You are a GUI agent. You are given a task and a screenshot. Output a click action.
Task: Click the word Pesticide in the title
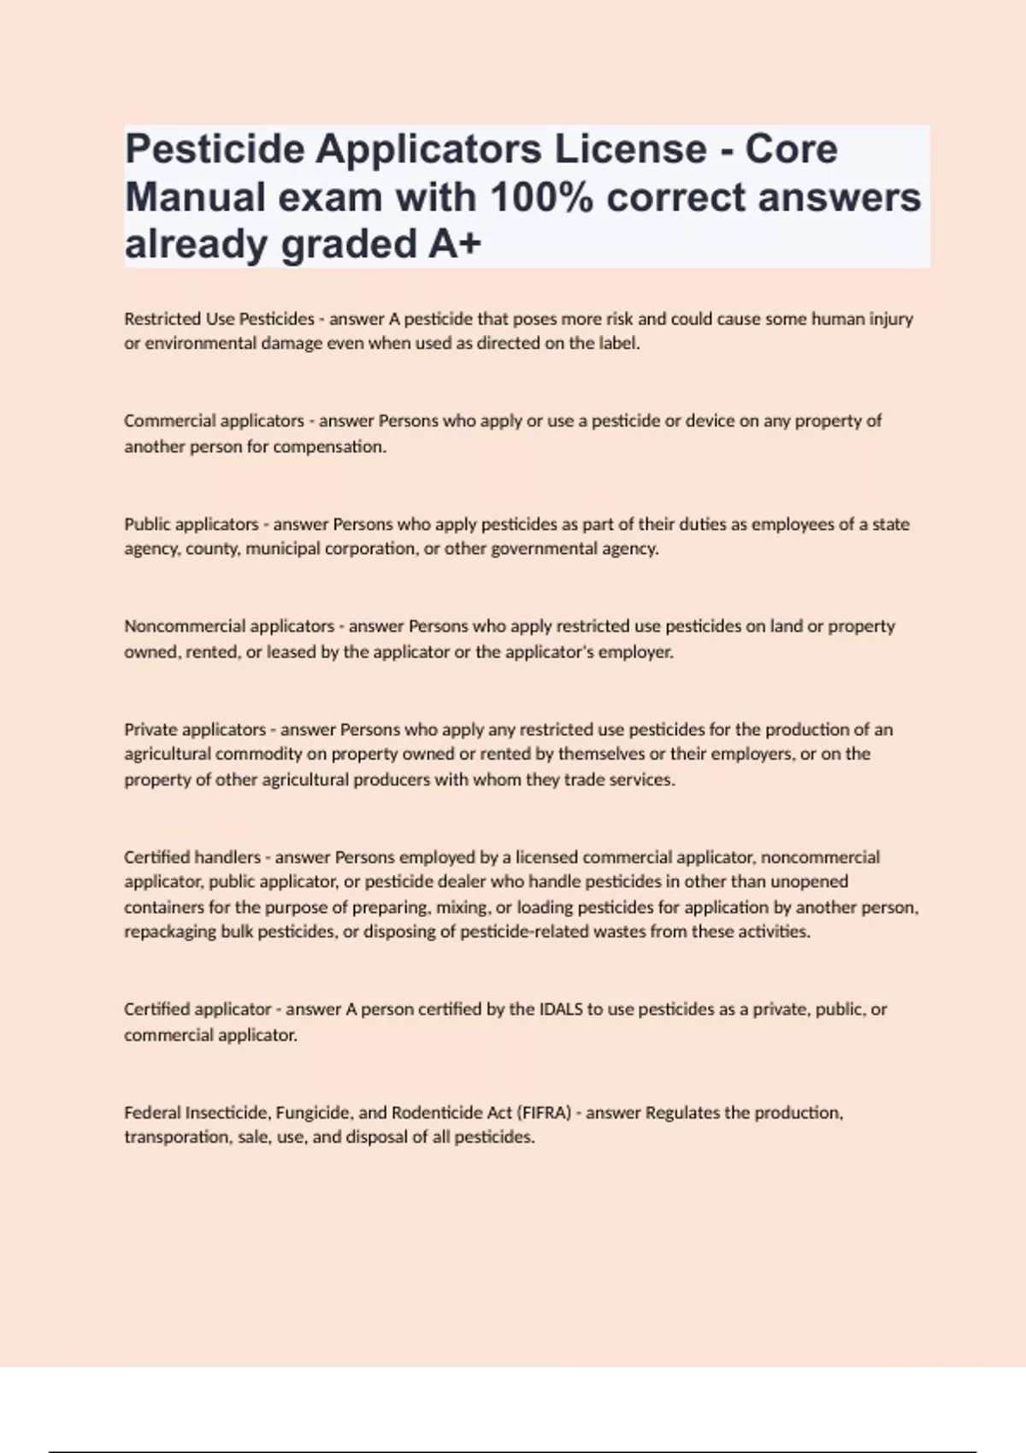pyautogui.click(x=215, y=150)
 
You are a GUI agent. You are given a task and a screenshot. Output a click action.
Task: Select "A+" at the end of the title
pyautogui.click(x=455, y=244)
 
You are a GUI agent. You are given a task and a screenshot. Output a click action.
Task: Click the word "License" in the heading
pyautogui.click(x=631, y=150)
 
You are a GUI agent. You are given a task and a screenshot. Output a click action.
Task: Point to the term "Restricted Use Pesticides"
pyautogui.click(x=219, y=319)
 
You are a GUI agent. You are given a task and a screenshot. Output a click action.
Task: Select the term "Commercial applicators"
pyautogui.click(x=214, y=421)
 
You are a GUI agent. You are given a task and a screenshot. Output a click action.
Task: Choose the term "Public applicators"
pyautogui.click(x=191, y=524)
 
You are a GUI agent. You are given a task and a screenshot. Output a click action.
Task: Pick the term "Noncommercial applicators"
pyautogui.click(x=228, y=626)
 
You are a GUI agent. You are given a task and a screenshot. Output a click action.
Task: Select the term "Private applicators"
pyautogui.click(x=194, y=730)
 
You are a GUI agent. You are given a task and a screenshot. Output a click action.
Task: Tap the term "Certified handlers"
pyautogui.click(x=192, y=857)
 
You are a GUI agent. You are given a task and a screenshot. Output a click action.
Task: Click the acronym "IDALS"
pyautogui.click(x=560, y=1009)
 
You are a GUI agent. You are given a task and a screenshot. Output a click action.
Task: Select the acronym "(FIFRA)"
pyautogui.click(x=544, y=1113)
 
